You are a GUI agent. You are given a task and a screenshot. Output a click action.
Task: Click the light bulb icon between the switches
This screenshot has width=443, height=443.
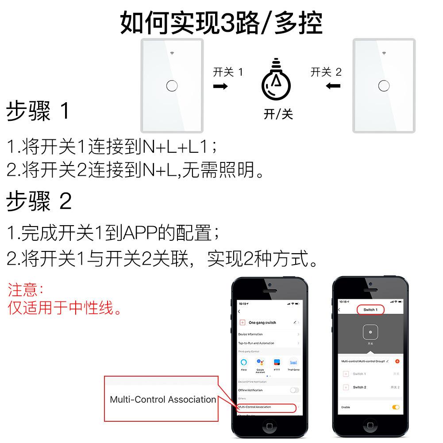(x=277, y=81)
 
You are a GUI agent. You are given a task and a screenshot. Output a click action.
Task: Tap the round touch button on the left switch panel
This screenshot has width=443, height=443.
(x=172, y=85)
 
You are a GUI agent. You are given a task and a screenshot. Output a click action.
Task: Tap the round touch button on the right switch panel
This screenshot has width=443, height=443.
(x=384, y=85)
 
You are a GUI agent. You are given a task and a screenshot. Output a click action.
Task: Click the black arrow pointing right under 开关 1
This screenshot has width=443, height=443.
(x=220, y=86)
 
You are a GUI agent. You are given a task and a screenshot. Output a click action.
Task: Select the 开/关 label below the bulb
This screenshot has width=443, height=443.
(x=278, y=114)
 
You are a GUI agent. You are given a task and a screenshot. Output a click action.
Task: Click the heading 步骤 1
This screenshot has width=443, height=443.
(x=38, y=111)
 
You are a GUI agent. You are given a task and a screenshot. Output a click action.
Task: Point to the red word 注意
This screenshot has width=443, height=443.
(x=25, y=290)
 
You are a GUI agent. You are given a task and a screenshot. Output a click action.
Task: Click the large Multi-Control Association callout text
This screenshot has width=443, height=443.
(x=163, y=400)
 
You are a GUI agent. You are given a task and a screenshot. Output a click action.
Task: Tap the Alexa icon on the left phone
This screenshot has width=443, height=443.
(x=243, y=362)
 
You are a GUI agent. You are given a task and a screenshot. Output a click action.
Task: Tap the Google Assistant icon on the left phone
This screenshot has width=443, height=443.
(x=260, y=362)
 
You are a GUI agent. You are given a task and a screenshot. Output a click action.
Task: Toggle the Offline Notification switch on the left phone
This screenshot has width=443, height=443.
(x=294, y=390)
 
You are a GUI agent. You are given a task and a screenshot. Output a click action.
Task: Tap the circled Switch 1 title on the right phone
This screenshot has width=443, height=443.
(x=370, y=310)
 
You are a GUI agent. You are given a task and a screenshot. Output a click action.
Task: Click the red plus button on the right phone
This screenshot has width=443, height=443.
(x=397, y=361)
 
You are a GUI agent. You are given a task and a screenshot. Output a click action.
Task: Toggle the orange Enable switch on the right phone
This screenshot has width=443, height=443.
(x=396, y=407)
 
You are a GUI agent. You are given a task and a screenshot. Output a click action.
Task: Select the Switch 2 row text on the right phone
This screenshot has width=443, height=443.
(x=359, y=387)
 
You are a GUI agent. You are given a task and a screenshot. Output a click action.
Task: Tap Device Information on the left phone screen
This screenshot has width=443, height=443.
(x=250, y=334)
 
